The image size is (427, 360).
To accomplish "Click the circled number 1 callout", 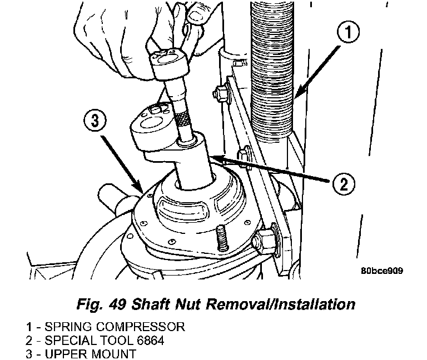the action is pos(348,33).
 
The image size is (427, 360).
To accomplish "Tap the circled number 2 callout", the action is pos(344,184).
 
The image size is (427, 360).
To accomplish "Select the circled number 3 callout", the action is pos(95,121).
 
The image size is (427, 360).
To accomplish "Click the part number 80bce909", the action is pos(382,271).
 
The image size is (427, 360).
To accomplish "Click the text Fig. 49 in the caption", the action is pos(101,304).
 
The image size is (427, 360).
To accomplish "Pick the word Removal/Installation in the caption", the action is pos(280,304).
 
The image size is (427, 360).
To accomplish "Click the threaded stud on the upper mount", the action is pos(221,240).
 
